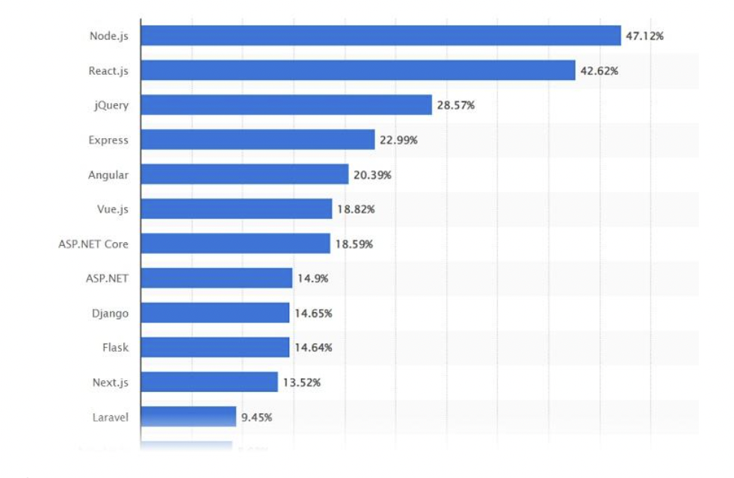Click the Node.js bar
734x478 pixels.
[380, 36]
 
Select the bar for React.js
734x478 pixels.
[358, 70]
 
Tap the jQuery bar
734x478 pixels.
[286, 105]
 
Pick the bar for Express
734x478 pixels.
[258, 140]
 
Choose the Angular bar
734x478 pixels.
[244, 174]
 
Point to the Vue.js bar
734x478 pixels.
[236, 209]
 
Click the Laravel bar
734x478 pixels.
[188, 417]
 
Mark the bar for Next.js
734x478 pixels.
[209, 382]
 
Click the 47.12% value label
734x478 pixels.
[644, 36]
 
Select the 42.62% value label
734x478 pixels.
[599, 71]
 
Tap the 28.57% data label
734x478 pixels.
[456, 105]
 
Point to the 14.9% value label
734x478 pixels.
[312, 279]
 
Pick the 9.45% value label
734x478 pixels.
[256, 418]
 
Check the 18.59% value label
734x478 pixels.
[354, 244]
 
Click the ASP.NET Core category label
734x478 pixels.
[93, 244]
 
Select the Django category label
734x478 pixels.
[110, 314]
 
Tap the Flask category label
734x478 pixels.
[115, 348]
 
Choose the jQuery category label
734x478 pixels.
[111, 105]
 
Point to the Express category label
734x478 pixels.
[108, 140]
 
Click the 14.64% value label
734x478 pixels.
[313, 348]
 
